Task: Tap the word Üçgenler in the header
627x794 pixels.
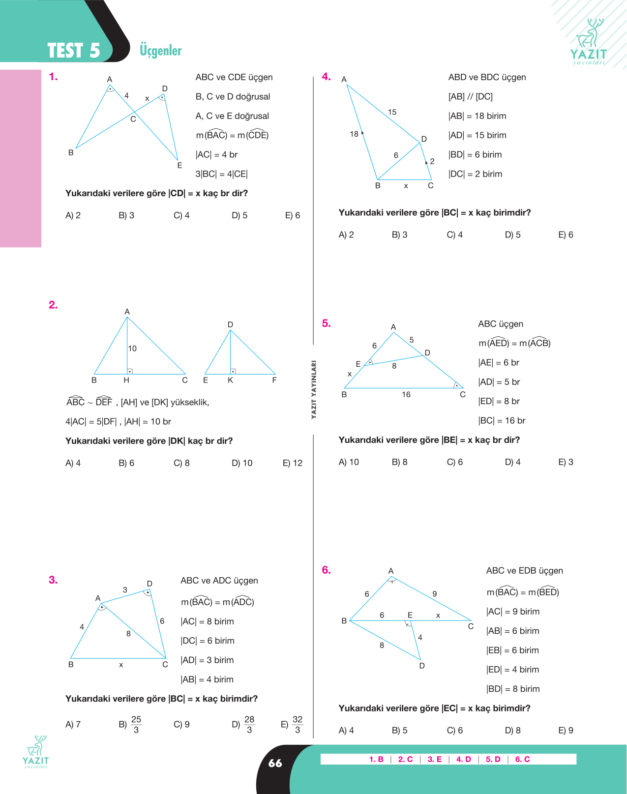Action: click(x=160, y=51)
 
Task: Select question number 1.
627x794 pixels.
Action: click(x=54, y=77)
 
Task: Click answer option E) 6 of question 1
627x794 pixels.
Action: click(x=293, y=215)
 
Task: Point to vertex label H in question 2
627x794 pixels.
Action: click(x=126, y=380)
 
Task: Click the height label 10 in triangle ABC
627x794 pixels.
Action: click(x=132, y=348)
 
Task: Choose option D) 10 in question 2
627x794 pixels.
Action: click(x=242, y=463)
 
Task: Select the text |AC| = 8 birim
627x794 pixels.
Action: click(x=208, y=621)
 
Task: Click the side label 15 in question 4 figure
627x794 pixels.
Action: click(x=392, y=112)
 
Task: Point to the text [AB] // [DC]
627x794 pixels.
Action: click(x=471, y=97)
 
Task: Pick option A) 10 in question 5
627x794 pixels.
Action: click(x=349, y=462)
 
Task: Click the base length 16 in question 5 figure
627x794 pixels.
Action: click(x=406, y=395)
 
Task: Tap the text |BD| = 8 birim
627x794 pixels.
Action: click(x=513, y=689)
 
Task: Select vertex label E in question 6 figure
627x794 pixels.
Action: click(x=410, y=615)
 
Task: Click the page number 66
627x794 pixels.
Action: click(x=275, y=764)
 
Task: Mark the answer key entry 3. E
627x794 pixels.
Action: click(x=435, y=759)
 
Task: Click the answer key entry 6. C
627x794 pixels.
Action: click(x=523, y=759)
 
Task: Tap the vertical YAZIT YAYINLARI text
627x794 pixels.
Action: click(x=314, y=389)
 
